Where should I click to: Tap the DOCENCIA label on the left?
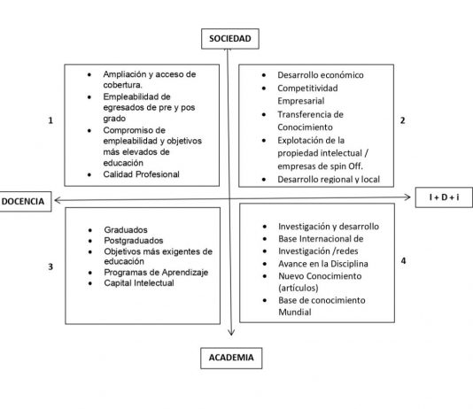click(23, 201)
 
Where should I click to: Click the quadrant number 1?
click(50, 120)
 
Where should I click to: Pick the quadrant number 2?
click(402, 120)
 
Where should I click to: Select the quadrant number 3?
click(50, 266)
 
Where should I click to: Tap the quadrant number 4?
click(403, 260)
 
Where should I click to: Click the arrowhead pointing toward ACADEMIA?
click(231, 332)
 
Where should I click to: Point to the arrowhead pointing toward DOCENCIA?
click(58, 200)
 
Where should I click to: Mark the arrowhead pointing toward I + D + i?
click(407, 197)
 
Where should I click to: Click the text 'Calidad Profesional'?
click(141, 174)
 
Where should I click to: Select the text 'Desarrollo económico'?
click(321, 75)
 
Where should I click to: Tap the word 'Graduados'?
click(126, 230)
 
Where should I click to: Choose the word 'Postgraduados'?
click(134, 241)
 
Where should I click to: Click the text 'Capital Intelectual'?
click(139, 283)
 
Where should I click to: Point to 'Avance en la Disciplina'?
click(323, 264)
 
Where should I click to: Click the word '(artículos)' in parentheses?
click(298, 288)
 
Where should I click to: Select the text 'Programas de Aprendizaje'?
click(156, 273)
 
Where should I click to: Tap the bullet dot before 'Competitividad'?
click(264, 89)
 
